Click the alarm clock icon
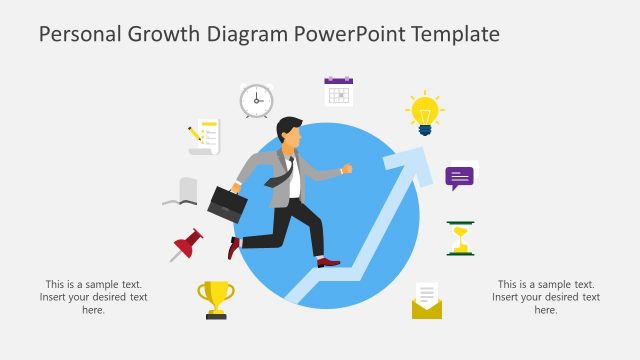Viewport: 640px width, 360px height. (x=256, y=100)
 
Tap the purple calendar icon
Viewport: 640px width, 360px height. (x=339, y=91)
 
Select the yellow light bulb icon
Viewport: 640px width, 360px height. (x=424, y=113)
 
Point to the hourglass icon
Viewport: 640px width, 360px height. (x=460, y=238)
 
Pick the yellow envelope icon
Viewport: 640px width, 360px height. (x=427, y=301)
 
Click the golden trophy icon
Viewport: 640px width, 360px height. (x=216, y=299)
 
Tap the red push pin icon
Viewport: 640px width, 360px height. (x=187, y=244)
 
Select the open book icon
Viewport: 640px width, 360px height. (x=181, y=192)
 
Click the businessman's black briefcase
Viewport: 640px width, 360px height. (x=228, y=203)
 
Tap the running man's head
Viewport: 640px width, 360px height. (x=289, y=135)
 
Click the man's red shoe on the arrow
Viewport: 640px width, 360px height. (x=328, y=262)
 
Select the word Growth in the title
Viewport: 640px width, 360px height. (x=164, y=34)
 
